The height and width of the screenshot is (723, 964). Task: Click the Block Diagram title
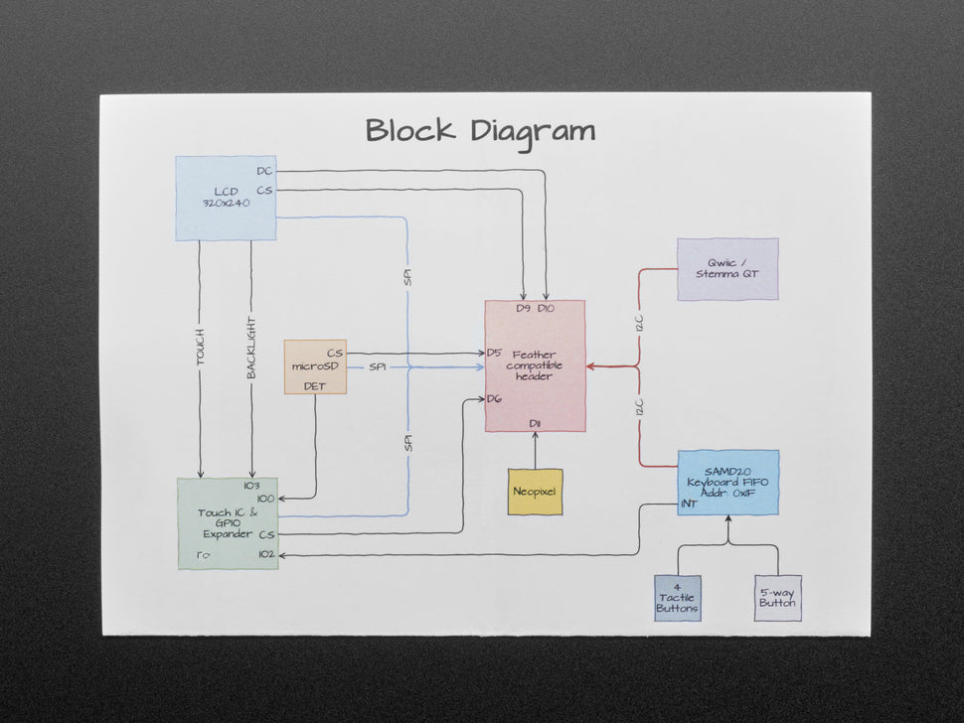click(x=481, y=131)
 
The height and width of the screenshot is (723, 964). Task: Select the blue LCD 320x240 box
click(x=226, y=198)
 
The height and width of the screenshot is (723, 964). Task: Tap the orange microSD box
click(x=315, y=366)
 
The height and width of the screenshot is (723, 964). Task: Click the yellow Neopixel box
click(x=535, y=492)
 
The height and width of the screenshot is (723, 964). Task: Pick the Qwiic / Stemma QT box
click(x=727, y=268)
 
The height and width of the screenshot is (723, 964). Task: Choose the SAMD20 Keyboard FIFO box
click(x=728, y=482)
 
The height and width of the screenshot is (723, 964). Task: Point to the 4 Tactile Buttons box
click(x=677, y=598)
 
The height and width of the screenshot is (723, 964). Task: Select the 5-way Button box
click(x=777, y=598)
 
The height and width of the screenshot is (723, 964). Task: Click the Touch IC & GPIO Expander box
click(x=228, y=523)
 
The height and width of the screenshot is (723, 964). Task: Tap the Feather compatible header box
click(x=535, y=365)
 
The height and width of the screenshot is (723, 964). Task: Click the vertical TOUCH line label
click(x=200, y=347)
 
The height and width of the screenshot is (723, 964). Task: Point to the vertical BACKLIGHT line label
click(x=251, y=348)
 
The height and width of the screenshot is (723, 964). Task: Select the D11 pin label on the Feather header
click(x=535, y=424)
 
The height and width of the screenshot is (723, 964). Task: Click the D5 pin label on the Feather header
click(x=494, y=353)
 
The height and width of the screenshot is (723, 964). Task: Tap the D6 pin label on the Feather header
click(x=494, y=399)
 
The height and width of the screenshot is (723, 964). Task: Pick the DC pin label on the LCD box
click(x=263, y=171)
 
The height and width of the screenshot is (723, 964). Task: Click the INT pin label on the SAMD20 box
click(x=688, y=504)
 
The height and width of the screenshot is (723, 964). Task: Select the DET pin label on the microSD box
click(x=314, y=385)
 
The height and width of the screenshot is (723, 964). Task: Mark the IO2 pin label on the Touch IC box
click(x=265, y=554)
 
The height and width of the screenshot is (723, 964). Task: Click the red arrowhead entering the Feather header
click(x=590, y=366)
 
